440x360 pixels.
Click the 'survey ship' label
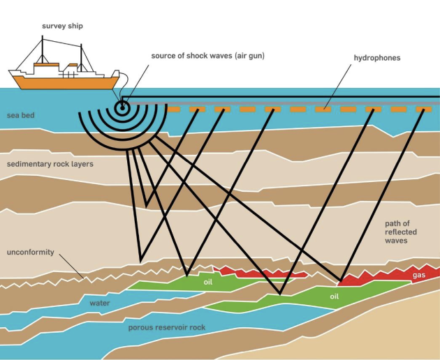tap(62, 26)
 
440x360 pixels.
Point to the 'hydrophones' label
tap(377, 58)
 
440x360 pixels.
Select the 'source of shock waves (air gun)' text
tap(207, 56)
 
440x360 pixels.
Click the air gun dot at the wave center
tap(122, 107)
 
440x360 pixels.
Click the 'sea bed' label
tap(20, 115)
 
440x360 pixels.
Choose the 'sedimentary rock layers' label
tap(50, 164)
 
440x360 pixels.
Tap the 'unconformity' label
tap(30, 252)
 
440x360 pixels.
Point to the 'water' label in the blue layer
tap(100, 303)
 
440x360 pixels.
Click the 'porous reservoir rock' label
tap(167, 327)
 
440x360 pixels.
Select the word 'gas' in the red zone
tap(419, 276)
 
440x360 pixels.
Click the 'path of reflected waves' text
tap(400, 232)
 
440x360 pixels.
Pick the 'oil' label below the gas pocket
tap(335, 297)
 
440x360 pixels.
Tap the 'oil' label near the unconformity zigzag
tap(208, 282)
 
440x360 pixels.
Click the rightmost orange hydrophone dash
tap(424, 110)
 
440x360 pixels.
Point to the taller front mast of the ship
tap(43, 50)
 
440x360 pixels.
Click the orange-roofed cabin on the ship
tap(46, 68)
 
